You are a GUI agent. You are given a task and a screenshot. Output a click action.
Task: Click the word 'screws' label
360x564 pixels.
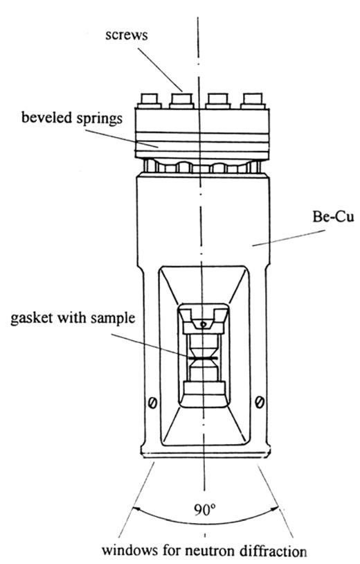pyautogui.click(x=127, y=35)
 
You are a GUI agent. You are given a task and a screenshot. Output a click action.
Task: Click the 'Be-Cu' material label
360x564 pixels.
pyautogui.click(x=333, y=217)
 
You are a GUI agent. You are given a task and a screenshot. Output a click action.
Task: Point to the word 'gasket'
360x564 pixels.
pyautogui.click(x=30, y=318)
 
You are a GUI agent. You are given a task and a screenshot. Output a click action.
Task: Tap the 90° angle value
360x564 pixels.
pyautogui.click(x=205, y=509)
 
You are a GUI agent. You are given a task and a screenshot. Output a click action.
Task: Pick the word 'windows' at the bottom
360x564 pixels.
pyautogui.click(x=130, y=550)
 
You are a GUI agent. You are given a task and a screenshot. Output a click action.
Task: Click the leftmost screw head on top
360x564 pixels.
pyautogui.click(x=149, y=100)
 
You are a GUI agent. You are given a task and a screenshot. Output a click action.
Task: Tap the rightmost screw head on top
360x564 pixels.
pyautogui.click(x=253, y=100)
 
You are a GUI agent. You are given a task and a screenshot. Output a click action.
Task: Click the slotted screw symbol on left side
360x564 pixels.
pyautogui.click(x=152, y=403)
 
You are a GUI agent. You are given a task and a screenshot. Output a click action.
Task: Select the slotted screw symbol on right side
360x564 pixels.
pyautogui.click(x=260, y=402)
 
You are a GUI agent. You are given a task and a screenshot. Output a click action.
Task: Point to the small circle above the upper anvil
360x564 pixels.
pyautogui.click(x=204, y=324)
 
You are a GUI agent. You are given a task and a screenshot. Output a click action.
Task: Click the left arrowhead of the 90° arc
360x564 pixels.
pyautogui.click(x=136, y=509)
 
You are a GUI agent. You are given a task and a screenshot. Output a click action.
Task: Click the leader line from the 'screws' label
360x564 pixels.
pyautogui.click(x=160, y=69)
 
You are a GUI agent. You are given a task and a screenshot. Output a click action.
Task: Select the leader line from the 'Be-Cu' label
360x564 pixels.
pyautogui.click(x=289, y=238)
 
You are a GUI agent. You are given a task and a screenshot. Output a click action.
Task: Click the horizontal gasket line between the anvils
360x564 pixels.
pyautogui.click(x=203, y=359)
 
